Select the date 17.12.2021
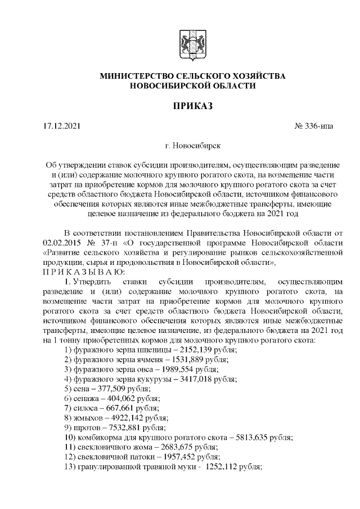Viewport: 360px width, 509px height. coord(62,126)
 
